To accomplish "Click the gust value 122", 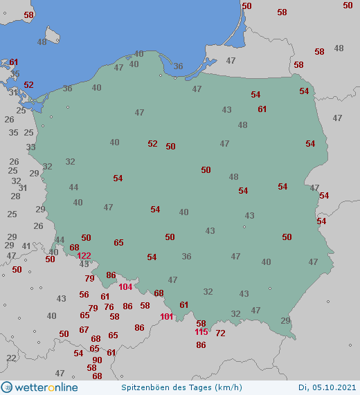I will [84, 256].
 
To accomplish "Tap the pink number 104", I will [125, 287].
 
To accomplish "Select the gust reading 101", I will [167, 317].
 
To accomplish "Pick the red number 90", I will [98, 360].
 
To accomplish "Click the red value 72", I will [220, 333].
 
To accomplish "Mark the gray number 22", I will [12, 358].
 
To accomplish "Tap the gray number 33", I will [31, 147].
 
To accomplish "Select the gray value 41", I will [26, 246].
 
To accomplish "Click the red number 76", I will [109, 307].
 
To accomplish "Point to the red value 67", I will [84, 330].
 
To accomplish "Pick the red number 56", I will [84, 295].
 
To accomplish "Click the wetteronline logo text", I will [47, 387].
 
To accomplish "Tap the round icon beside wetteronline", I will [8, 387].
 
